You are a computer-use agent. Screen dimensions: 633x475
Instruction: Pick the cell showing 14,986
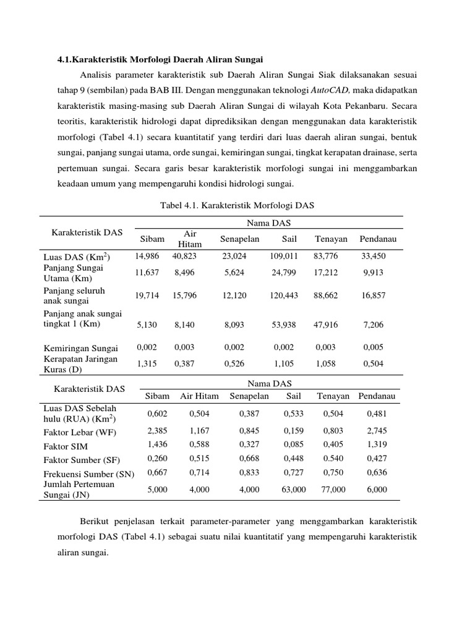click(x=147, y=255)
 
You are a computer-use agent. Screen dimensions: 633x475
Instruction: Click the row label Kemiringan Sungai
click(x=80, y=348)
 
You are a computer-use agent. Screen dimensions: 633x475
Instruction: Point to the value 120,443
click(x=284, y=295)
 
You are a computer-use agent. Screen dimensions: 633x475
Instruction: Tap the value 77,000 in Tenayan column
click(x=333, y=489)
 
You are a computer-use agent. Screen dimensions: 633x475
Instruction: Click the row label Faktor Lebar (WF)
click(x=79, y=431)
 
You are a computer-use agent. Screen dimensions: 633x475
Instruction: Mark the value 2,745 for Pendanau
click(x=377, y=430)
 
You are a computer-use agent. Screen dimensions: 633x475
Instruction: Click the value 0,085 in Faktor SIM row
click(x=293, y=444)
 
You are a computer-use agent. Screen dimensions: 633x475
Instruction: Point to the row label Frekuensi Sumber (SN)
click(x=88, y=474)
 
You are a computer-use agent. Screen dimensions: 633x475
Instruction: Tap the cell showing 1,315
click(x=147, y=363)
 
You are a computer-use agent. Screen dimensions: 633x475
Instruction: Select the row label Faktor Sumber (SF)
click(x=82, y=460)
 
